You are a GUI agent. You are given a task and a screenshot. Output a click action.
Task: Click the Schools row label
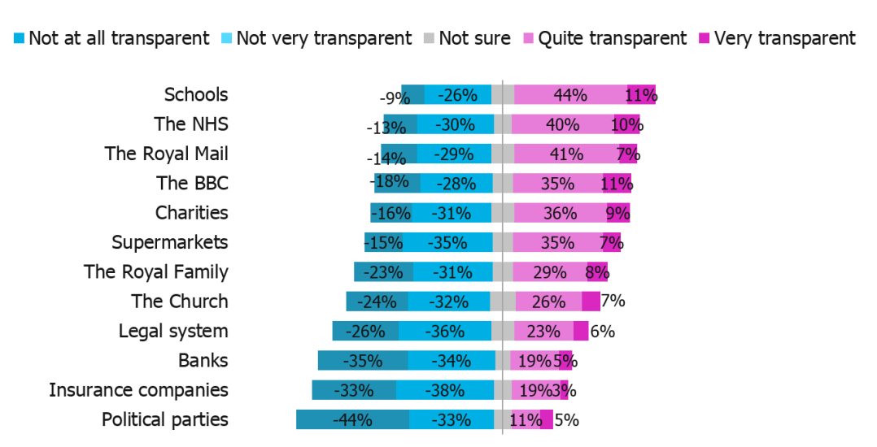click(x=196, y=94)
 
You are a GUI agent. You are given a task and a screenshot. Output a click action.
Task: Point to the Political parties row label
click(x=164, y=420)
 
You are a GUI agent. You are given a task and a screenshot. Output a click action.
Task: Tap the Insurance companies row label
click(x=138, y=390)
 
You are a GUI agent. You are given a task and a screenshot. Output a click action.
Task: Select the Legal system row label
click(x=173, y=331)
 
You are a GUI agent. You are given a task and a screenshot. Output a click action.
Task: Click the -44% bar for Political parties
click(x=352, y=420)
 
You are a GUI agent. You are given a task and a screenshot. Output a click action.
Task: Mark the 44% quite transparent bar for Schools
click(x=570, y=95)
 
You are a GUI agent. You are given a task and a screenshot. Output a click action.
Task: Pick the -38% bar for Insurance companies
click(x=445, y=390)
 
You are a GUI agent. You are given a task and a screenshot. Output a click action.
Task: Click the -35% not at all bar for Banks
click(x=362, y=361)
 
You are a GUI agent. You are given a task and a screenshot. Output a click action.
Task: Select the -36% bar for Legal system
click(x=445, y=332)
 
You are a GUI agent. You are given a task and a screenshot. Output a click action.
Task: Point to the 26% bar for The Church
click(x=548, y=302)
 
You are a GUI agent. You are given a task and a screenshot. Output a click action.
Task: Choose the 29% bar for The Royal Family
click(x=550, y=272)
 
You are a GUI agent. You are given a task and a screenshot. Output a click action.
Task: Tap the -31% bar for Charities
click(x=452, y=213)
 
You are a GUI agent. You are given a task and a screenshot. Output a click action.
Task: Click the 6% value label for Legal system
click(x=602, y=332)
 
